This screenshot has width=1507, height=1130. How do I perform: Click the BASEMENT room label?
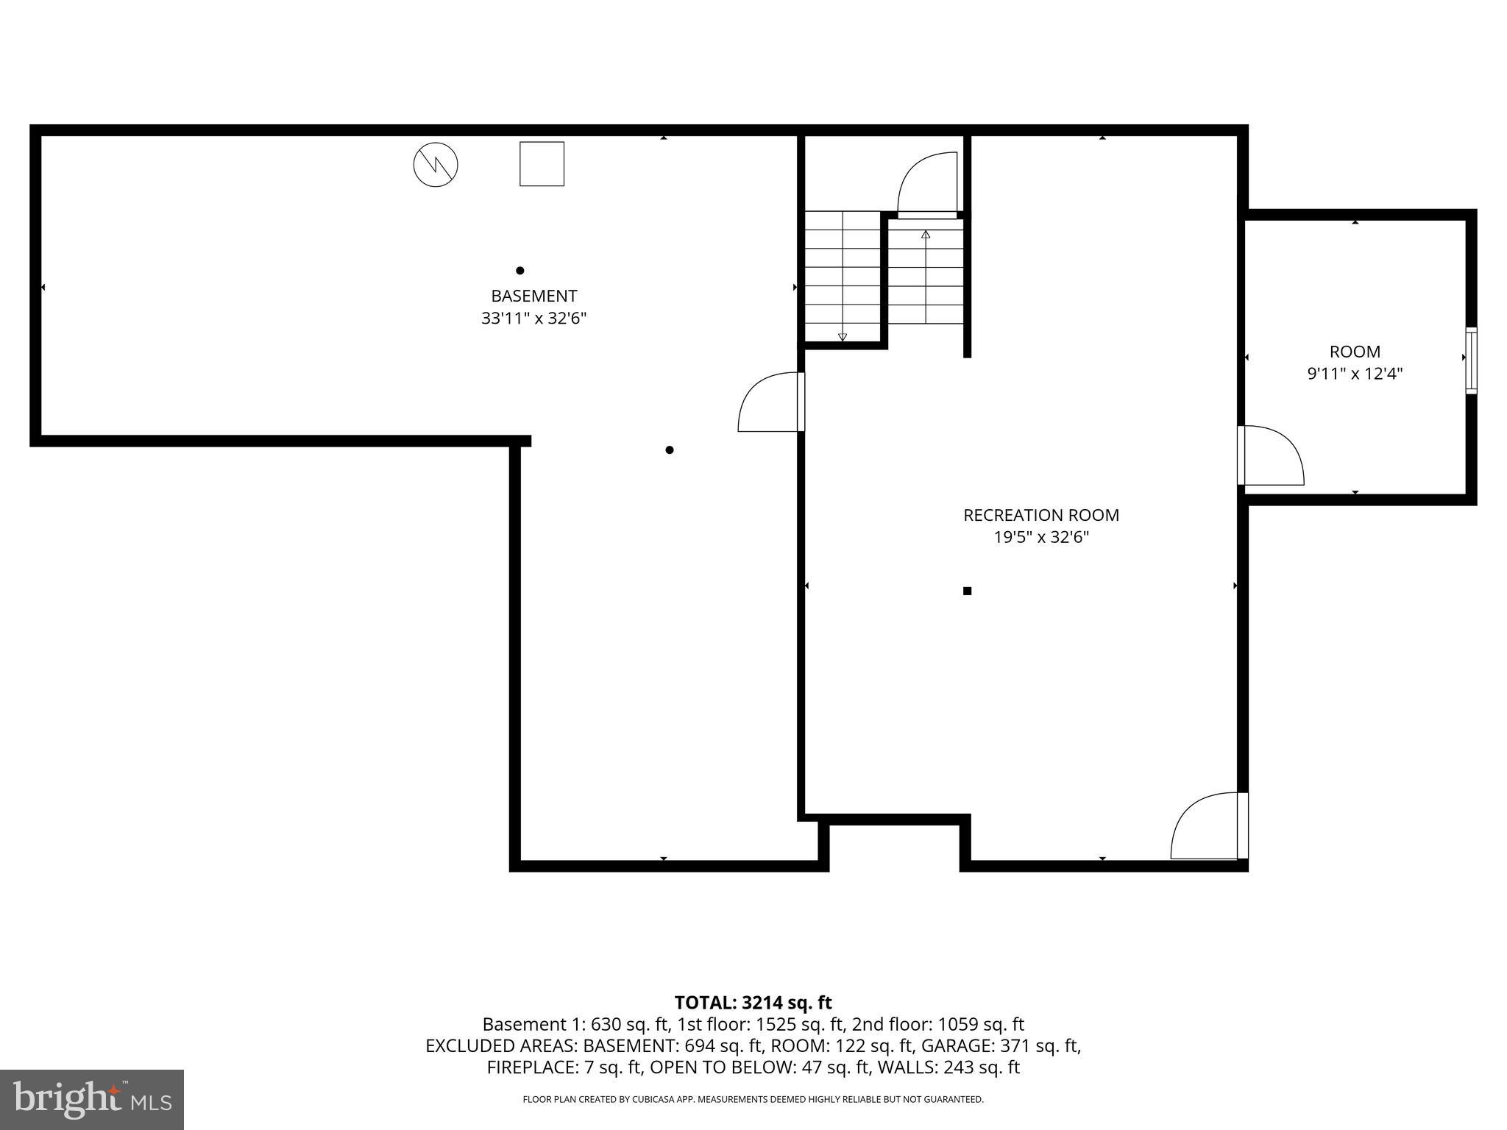tap(533, 296)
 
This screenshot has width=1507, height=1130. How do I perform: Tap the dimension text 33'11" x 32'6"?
tap(533, 319)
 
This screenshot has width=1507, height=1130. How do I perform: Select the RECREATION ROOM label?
tap(1040, 515)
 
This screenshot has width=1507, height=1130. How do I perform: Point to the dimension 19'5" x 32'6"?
tap(1040, 538)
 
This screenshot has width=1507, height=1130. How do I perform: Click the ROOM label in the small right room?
tap(1354, 352)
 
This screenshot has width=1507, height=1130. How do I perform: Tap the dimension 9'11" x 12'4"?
tap(1354, 374)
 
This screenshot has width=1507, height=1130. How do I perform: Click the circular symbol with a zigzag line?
tap(436, 164)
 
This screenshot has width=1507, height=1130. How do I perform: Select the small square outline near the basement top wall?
tap(542, 164)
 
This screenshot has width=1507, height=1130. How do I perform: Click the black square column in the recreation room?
tap(967, 591)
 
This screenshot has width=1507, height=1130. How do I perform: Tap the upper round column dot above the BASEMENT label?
tap(520, 270)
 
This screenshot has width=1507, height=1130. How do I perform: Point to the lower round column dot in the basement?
tap(669, 449)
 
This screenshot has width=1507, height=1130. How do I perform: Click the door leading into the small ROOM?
tap(1272, 455)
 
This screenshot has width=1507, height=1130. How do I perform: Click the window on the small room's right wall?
tap(1470, 360)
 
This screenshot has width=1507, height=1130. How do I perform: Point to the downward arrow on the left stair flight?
tap(843, 337)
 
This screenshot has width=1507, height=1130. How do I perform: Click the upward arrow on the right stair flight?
tap(926, 235)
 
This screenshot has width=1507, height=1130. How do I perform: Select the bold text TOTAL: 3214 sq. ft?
tap(753, 1002)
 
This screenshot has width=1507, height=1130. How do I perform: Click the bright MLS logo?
tap(92, 1099)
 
